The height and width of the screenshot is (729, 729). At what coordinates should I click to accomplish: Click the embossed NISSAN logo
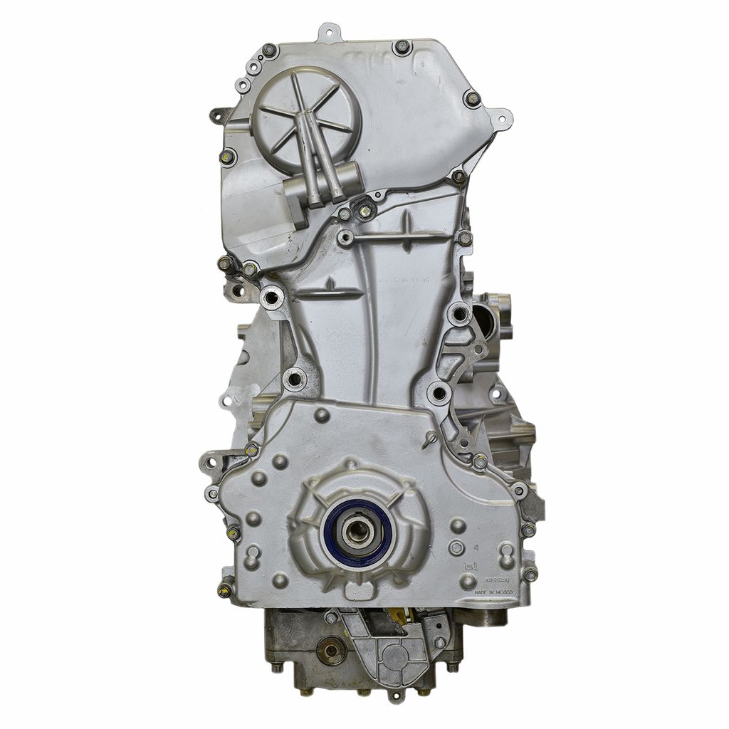pyautogui.click(x=498, y=581)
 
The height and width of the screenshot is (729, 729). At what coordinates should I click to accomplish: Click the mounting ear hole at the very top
pyautogui.click(x=328, y=31)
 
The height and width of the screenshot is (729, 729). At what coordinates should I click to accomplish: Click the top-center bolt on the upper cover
pyautogui.click(x=402, y=47)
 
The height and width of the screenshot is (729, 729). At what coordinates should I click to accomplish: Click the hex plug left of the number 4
pyautogui.click(x=456, y=548)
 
